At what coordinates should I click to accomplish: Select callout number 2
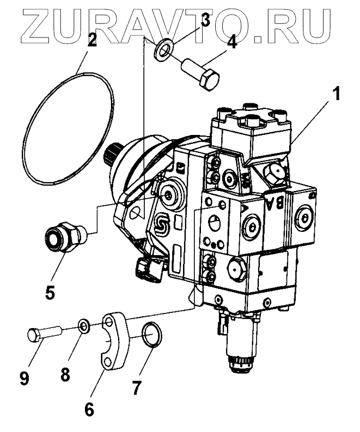coord(92,40)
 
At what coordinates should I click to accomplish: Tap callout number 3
coord(204,21)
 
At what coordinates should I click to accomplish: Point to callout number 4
coord(231,42)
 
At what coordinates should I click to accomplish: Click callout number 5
coord(50,292)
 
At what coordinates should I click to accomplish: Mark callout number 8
coord(65,375)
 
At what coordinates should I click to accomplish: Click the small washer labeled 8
coord(84,326)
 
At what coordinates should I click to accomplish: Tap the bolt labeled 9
coord(41,332)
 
